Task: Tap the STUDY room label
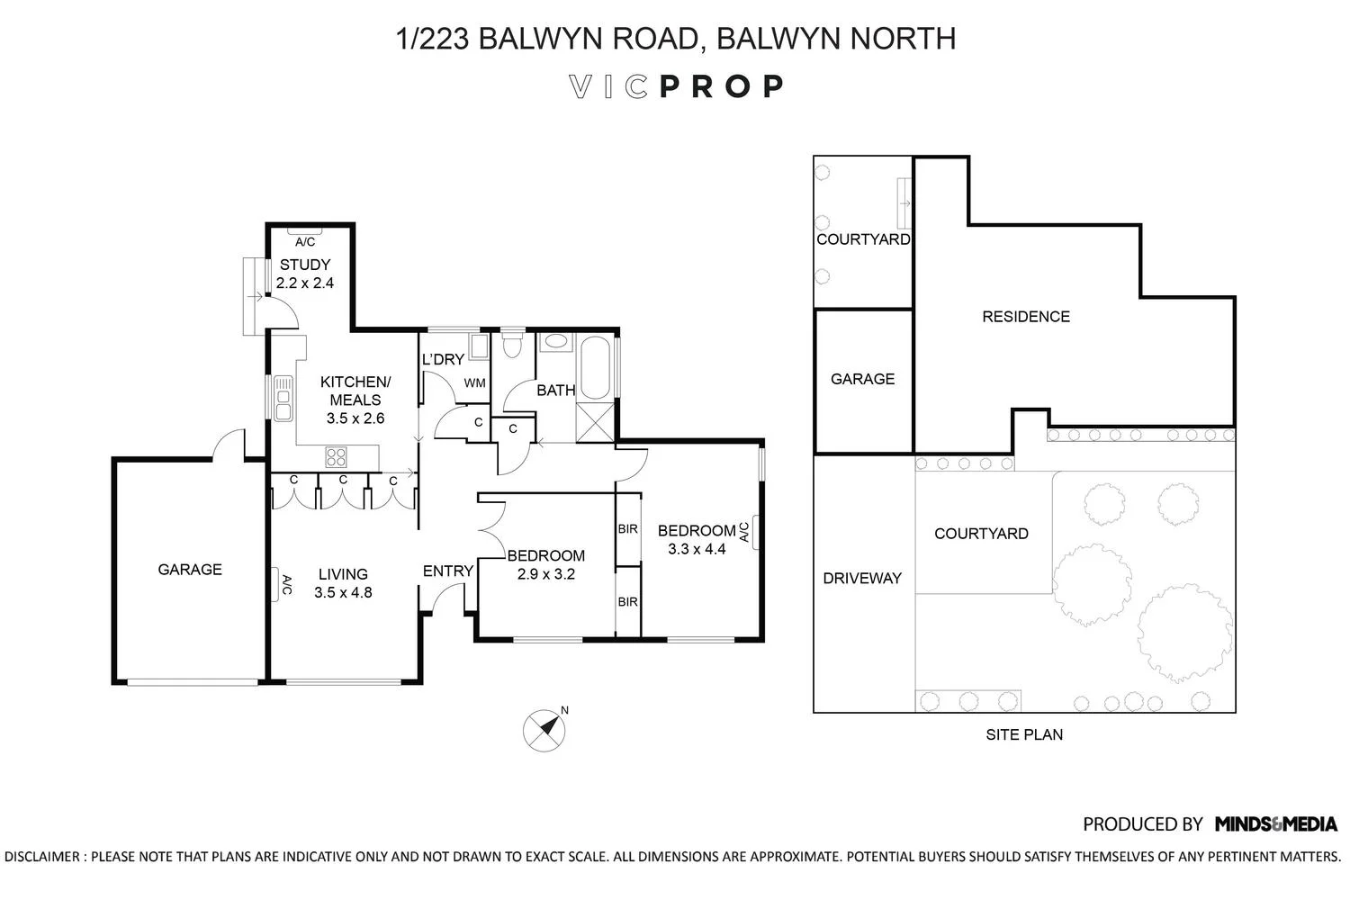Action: tap(305, 265)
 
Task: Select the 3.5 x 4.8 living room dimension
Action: tap(343, 592)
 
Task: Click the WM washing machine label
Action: tap(474, 383)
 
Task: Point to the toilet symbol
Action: tap(512, 346)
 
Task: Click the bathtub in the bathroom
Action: tap(596, 368)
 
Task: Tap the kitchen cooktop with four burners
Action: tap(337, 456)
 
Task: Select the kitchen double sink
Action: tap(283, 399)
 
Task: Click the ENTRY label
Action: tap(448, 571)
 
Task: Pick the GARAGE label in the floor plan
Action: tap(190, 569)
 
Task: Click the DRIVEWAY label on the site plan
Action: tap(862, 578)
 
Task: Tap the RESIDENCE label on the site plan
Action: tap(1026, 316)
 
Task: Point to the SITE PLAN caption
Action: tap(1024, 734)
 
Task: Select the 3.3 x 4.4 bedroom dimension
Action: tap(697, 548)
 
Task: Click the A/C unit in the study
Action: tap(305, 241)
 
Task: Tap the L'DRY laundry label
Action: tap(443, 359)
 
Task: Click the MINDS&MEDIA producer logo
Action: tap(1275, 823)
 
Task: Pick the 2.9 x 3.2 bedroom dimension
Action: tap(545, 574)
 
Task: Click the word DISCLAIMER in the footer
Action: tap(45, 856)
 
